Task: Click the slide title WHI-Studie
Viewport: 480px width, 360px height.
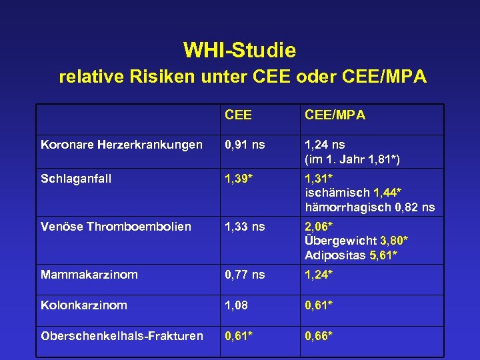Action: [239, 50]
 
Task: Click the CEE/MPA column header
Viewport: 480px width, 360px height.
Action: [335, 115]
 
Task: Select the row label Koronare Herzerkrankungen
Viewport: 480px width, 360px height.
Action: [121, 145]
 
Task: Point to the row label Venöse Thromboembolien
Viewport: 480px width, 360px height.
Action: [116, 227]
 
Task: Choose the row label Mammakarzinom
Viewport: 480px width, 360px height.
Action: [89, 274]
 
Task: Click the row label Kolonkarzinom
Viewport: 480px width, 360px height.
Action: [84, 305]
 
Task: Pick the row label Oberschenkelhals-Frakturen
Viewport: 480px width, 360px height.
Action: [122, 335]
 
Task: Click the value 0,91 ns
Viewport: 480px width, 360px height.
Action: [245, 145]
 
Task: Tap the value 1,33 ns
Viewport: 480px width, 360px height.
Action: [245, 227]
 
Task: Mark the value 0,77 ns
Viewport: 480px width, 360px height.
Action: [245, 274]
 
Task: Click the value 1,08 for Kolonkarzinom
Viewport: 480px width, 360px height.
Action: [237, 305]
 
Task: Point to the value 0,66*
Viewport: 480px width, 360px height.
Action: [319, 335]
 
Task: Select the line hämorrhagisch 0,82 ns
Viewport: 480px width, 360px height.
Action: [369, 207]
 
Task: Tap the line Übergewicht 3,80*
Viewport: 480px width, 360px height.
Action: [356, 241]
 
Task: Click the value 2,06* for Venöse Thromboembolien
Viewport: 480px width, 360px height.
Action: [319, 227]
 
